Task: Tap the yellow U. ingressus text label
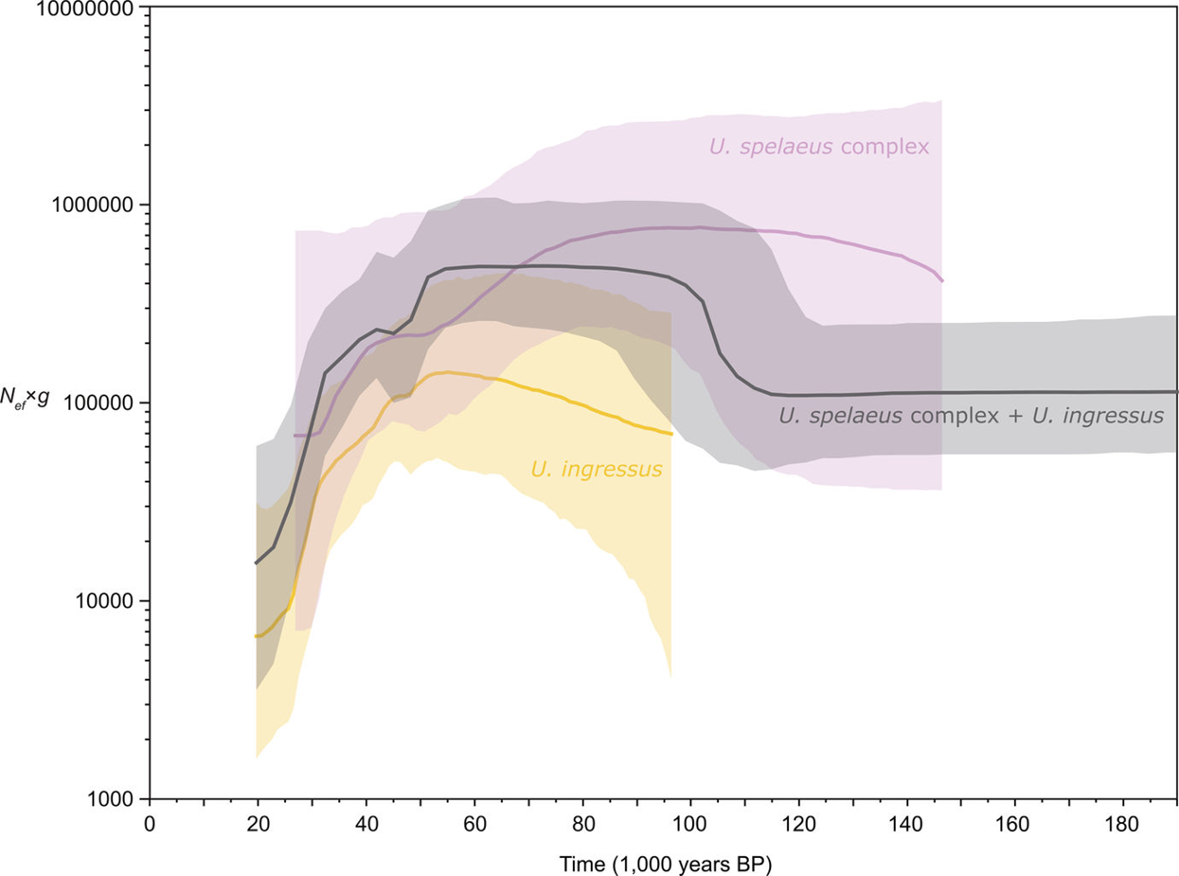pyautogui.click(x=596, y=468)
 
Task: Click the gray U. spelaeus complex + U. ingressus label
pyautogui.click(x=971, y=416)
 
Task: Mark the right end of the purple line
pyautogui.click(x=942, y=281)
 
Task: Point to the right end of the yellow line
pyautogui.click(x=671, y=434)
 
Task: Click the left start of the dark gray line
pyautogui.click(x=256, y=563)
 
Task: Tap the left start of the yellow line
pyautogui.click(x=256, y=636)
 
